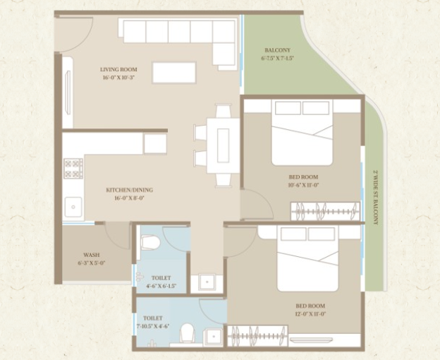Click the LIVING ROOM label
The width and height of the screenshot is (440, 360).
click(118, 69)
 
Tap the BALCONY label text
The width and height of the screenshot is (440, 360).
click(277, 51)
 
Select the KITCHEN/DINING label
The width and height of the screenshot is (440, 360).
click(129, 190)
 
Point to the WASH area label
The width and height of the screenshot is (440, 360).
click(91, 255)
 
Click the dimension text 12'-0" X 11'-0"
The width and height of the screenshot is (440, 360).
click(310, 313)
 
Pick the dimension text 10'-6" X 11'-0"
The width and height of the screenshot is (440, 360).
click(303, 184)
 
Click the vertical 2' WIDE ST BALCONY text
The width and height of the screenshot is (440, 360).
click(375, 197)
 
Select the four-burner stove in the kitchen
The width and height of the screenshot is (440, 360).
click(73, 168)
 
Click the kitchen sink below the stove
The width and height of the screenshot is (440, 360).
click(73, 207)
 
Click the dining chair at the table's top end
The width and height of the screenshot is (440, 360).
click(224, 112)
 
